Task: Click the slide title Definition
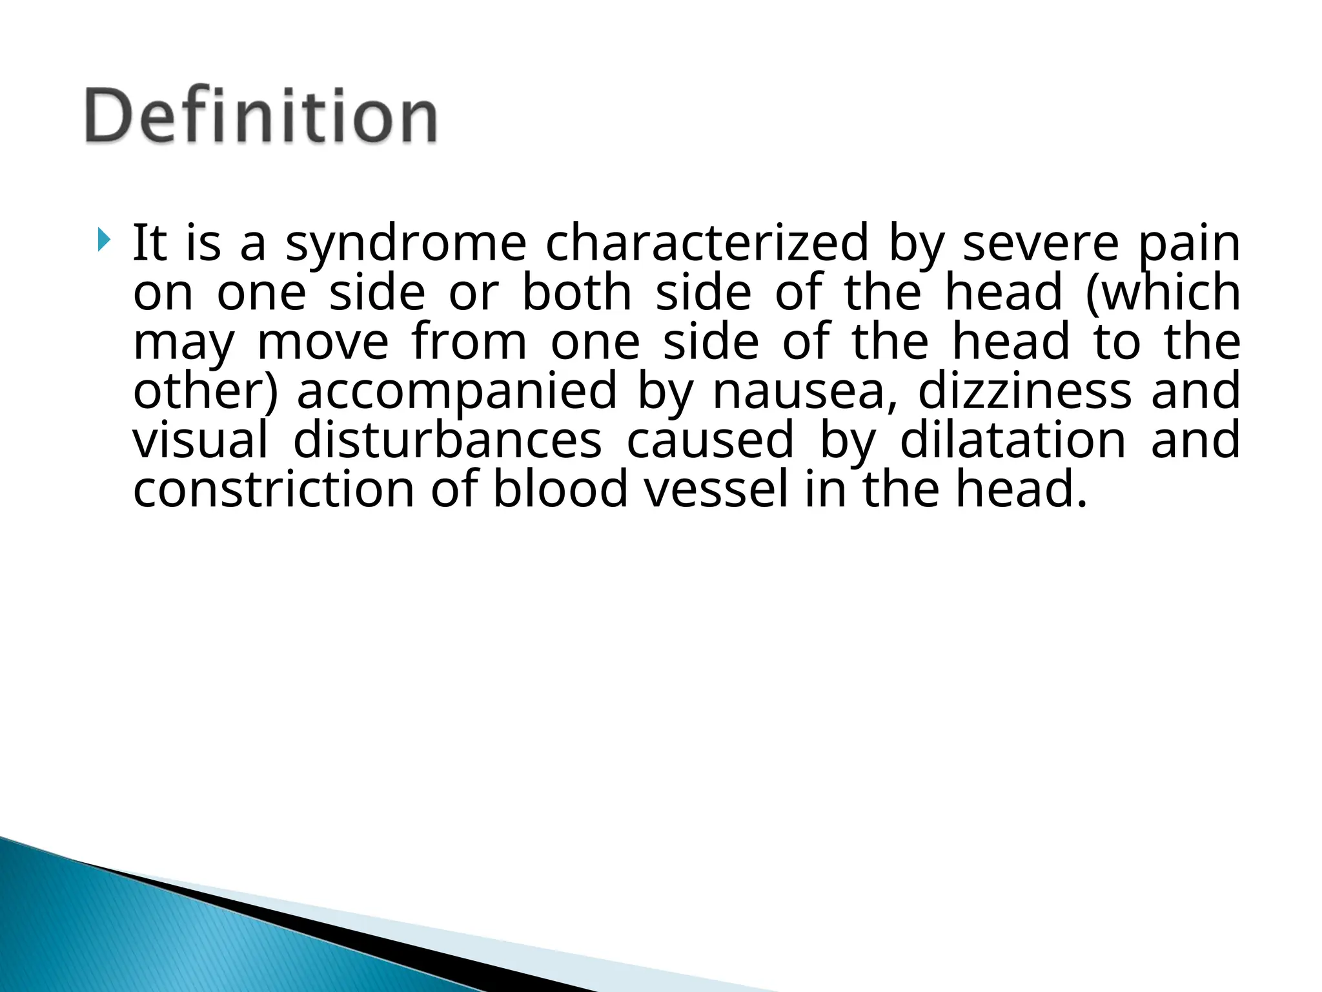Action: [261, 116]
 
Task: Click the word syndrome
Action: [405, 244]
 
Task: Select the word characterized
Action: [707, 244]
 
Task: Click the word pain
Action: [1188, 244]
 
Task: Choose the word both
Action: [576, 293]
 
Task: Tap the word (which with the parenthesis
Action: [1163, 293]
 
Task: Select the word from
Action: [469, 342]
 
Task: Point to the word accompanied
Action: [456, 391]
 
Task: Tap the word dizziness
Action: [1024, 391]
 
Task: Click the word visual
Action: [200, 440]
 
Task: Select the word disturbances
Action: [447, 440]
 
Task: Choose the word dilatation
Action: [1013, 440]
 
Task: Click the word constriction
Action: [274, 490]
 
